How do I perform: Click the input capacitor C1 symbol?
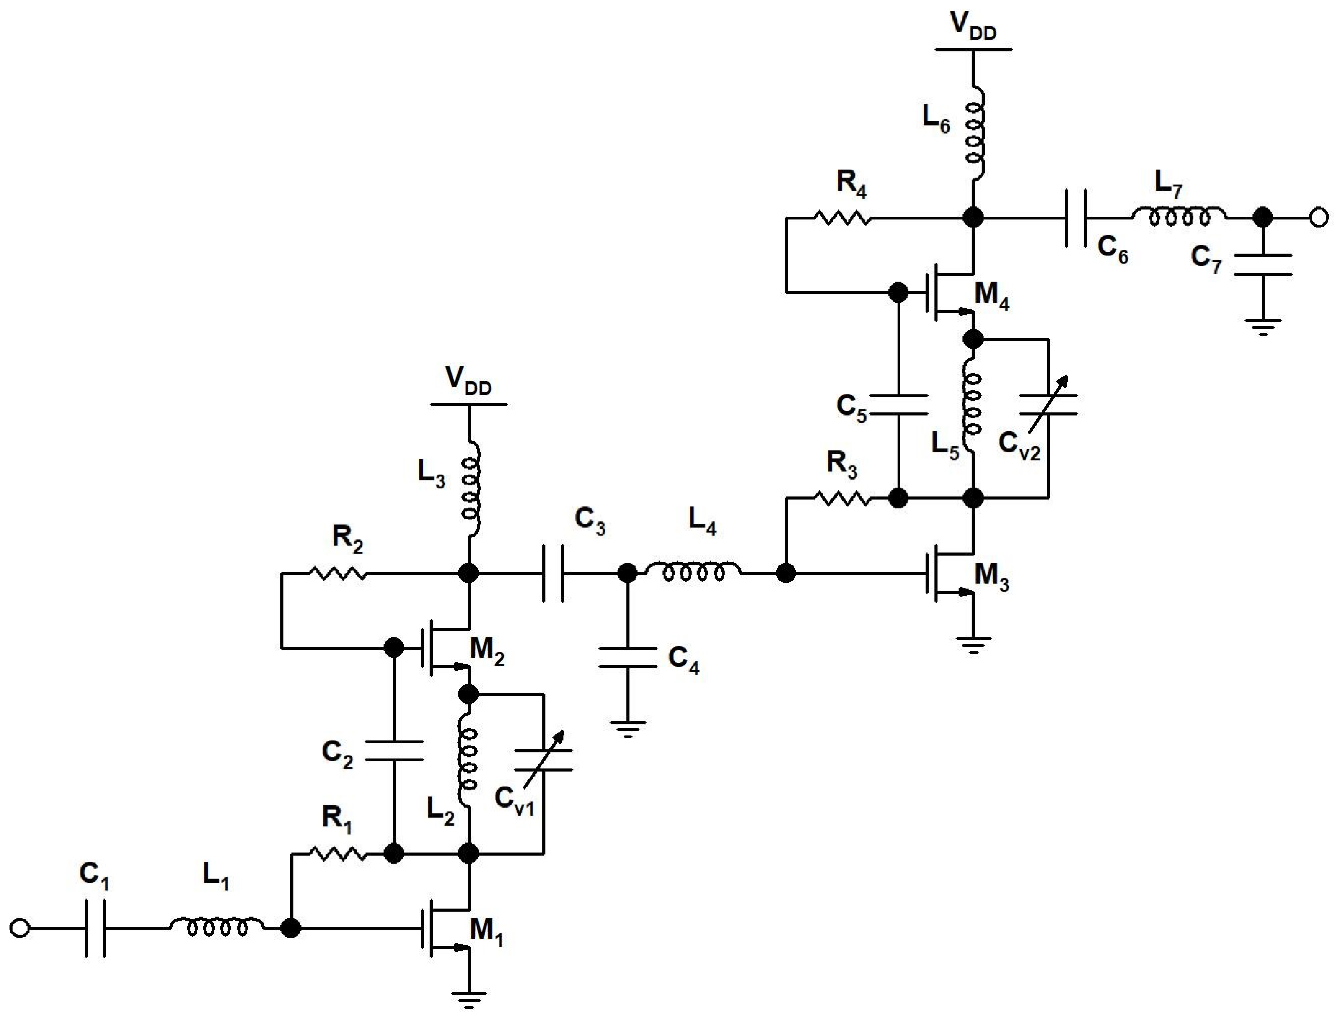point(94,928)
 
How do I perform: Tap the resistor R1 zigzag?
point(338,854)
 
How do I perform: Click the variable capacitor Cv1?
point(543,760)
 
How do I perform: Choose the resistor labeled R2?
point(338,573)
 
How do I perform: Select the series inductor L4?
point(693,572)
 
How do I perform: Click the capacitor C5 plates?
point(898,405)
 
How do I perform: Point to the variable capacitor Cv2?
point(1048,405)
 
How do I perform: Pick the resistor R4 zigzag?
point(843,217)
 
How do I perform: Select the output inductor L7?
point(1179,216)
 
